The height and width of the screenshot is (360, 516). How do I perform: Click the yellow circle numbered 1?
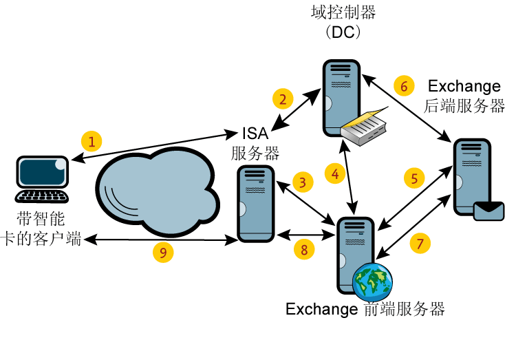click(92, 142)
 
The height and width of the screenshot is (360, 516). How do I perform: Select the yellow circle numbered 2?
click(283, 99)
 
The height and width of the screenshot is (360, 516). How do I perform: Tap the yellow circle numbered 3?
click(302, 182)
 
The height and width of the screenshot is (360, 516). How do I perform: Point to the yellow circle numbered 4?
click(335, 175)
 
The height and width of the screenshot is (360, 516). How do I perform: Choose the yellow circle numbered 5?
click(414, 178)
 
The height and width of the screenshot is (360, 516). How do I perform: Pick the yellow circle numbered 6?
click(404, 86)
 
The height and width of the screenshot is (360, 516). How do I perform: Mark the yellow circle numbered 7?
click(420, 243)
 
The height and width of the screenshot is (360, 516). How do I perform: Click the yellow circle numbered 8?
click(304, 249)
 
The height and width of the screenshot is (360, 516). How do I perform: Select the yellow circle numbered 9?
click(163, 253)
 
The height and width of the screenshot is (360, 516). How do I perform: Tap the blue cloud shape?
click(155, 189)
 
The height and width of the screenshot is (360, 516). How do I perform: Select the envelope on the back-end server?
click(489, 209)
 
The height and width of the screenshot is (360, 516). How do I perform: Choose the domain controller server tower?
click(341, 96)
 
